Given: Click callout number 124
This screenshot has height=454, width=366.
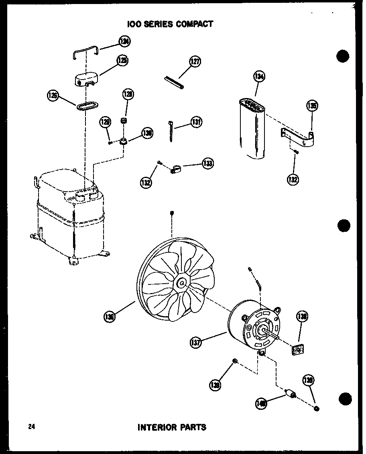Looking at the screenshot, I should pyautogui.click(x=125, y=41).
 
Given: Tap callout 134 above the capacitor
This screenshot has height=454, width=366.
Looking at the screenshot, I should pyautogui.click(x=259, y=77).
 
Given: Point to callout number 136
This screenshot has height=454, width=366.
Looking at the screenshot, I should pyautogui.click(x=109, y=317).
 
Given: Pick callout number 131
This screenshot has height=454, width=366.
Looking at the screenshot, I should pyautogui.click(x=196, y=122).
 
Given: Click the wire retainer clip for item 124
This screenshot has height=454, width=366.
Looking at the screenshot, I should pyautogui.click(x=87, y=53).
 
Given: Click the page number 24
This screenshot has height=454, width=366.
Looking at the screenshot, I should pyautogui.click(x=32, y=427).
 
